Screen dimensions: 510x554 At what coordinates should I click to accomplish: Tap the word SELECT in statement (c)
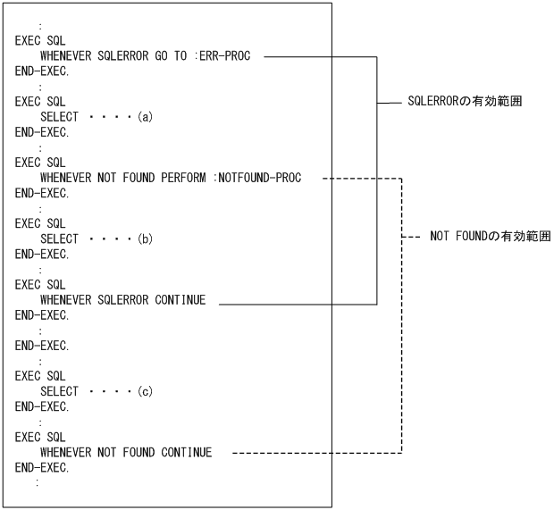[59, 391]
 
